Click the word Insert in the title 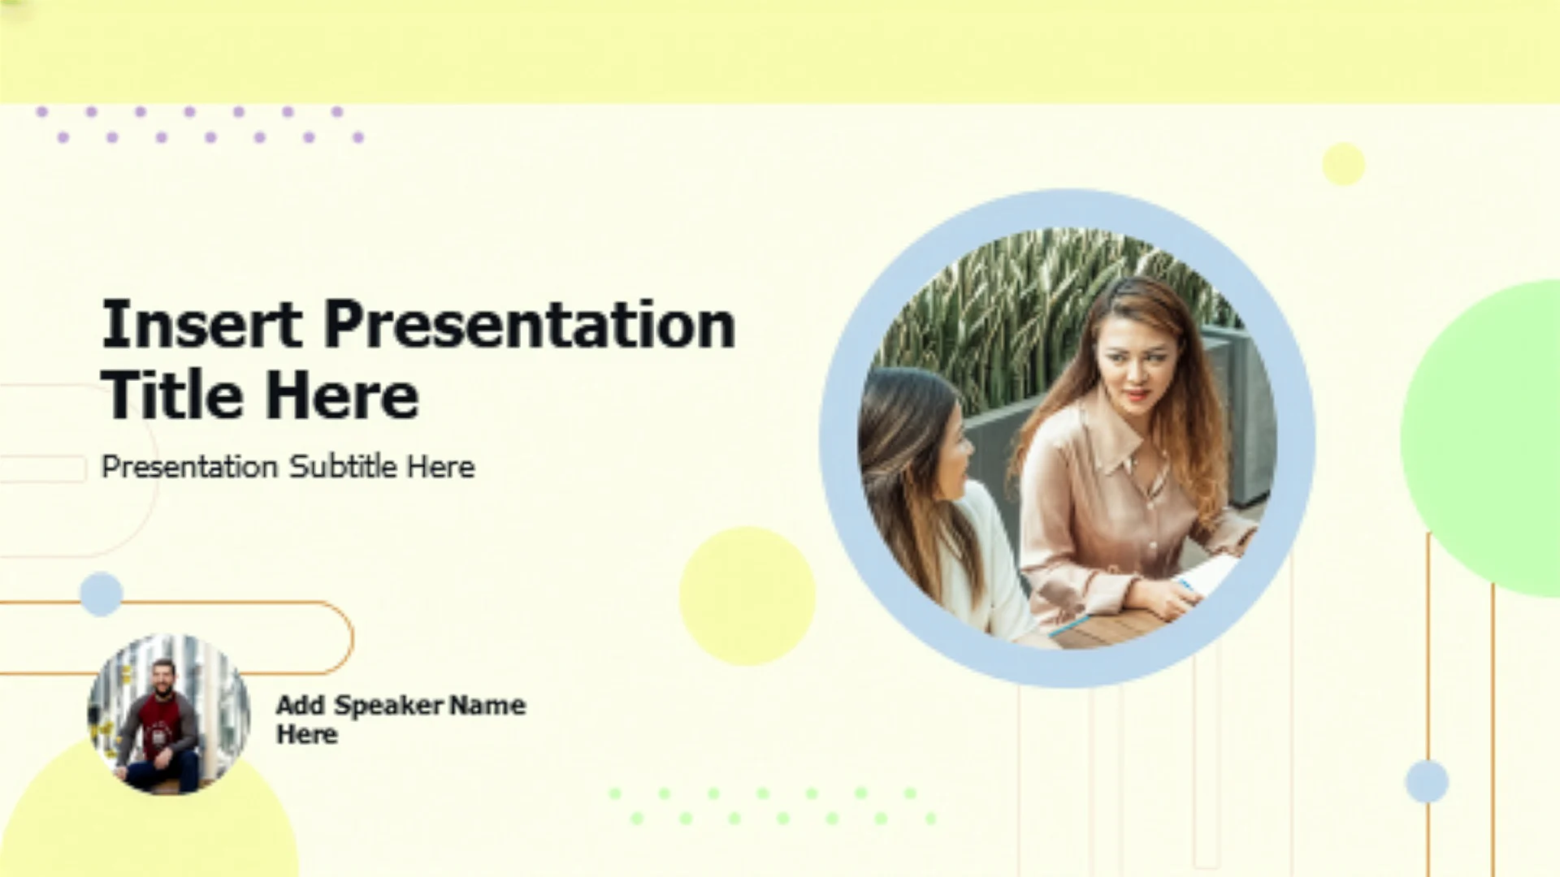201,324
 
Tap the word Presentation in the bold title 530,324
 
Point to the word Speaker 390,706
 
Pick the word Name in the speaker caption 487,705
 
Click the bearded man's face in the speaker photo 163,676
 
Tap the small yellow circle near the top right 1344,164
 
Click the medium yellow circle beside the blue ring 747,596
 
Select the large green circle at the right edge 1483,438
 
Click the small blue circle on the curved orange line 102,594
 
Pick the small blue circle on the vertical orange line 1427,781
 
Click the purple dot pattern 201,124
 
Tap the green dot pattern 773,806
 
